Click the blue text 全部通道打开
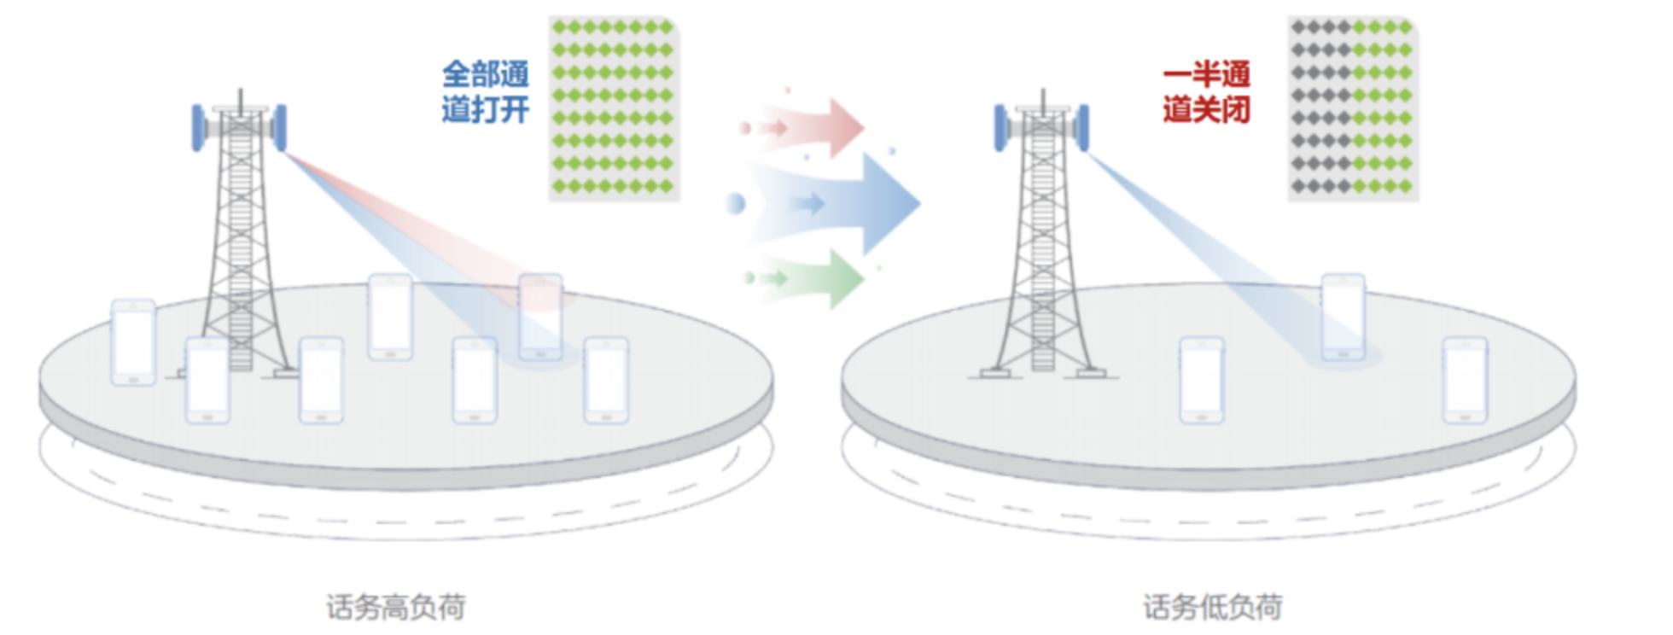click(485, 92)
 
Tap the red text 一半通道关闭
click(1206, 92)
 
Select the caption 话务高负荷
click(396, 607)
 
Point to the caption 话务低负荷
click(1212, 607)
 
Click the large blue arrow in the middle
click(862, 203)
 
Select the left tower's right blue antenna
click(281, 127)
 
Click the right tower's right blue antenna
click(1083, 127)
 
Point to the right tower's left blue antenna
click(1000, 127)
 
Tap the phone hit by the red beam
click(540, 316)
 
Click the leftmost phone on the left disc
click(134, 341)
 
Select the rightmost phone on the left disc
click(606, 380)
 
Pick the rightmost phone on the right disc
click(1465, 380)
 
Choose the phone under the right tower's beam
click(1344, 316)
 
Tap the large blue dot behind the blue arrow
click(735, 204)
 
